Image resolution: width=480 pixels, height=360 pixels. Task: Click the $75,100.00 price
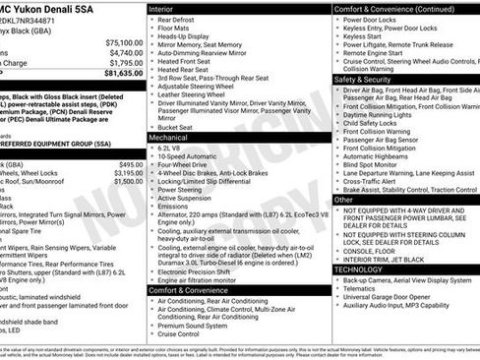(124, 43)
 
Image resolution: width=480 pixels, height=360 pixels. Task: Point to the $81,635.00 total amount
(124, 73)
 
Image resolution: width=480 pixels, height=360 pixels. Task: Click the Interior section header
(167, 8)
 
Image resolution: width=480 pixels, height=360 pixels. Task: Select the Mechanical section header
(175, 139)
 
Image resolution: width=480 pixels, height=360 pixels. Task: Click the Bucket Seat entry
(179, 127)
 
